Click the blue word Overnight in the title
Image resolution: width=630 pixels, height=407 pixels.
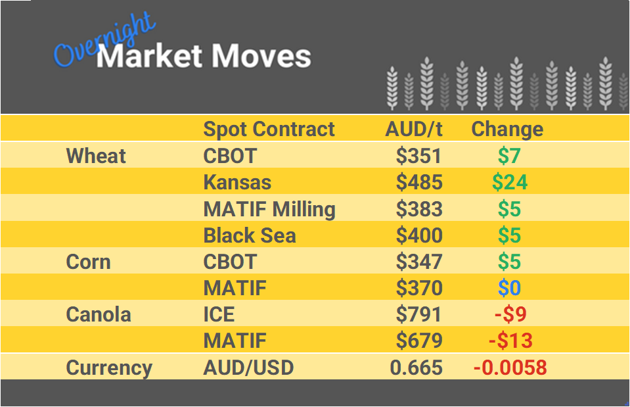pos(105,42)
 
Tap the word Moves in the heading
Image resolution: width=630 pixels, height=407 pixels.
pos(261,57)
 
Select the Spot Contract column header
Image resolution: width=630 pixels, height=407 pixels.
pos(269,129)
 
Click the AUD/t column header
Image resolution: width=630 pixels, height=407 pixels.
pos(414,129)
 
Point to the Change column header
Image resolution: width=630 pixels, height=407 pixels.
pos(507,129)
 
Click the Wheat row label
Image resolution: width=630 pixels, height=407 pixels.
pos(96,156)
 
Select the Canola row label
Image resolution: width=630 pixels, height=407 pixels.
pos(99,314)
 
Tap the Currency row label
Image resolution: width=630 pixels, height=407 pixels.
pos(109,368)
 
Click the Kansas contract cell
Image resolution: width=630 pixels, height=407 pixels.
pos(237,182)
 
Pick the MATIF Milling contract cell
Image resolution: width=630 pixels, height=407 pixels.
pos(269,209)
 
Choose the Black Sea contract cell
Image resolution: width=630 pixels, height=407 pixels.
pos(250,235)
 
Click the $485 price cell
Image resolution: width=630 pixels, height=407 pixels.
pos(419,182)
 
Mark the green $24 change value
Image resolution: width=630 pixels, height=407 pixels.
pos(510,182)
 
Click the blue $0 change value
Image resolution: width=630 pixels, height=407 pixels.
pos(509,288)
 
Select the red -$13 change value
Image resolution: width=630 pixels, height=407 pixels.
pos(510,341)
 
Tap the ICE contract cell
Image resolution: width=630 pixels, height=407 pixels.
pos(219,314)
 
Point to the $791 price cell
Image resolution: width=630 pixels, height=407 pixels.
pos(419,314)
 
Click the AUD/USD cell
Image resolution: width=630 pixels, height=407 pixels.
pos(248,368)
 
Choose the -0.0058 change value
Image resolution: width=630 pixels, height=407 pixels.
pos(510,368)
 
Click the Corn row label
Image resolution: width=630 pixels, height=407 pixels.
pos(88,262)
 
